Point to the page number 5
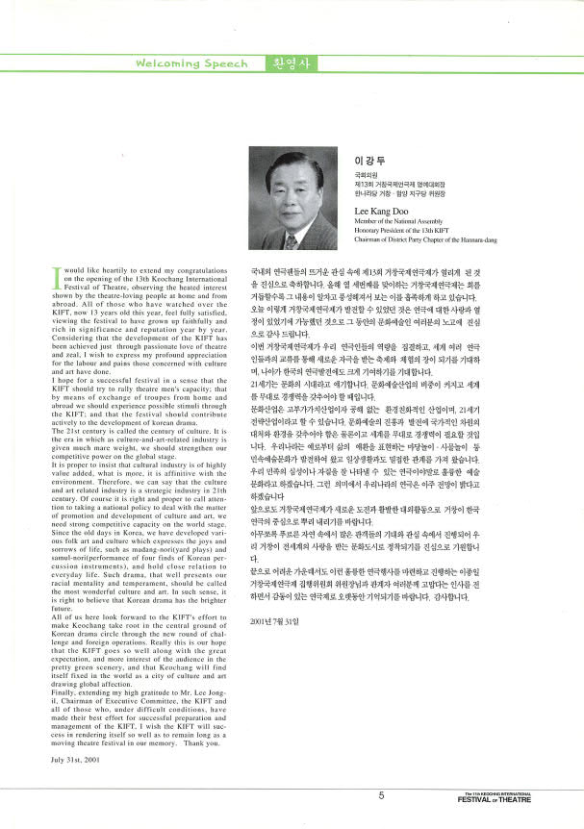[x=381, y=795]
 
